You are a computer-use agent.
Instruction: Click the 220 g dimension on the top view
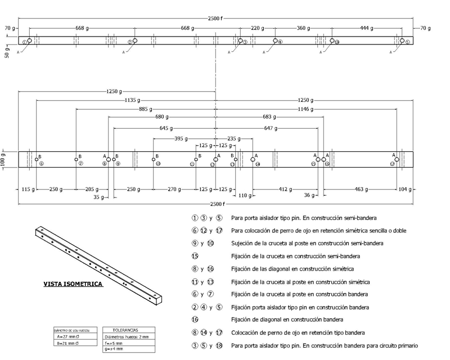[x=258, y=28]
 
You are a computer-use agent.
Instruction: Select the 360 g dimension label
[x=304, y=28]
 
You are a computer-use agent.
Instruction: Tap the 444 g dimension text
[x=367, y=28]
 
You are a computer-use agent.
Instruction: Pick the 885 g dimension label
[x=145, y=109]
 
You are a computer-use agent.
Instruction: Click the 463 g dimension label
[x=361, y=188]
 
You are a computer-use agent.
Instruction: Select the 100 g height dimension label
[x=4, y=160]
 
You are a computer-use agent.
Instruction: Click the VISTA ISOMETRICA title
[x=73, y=284]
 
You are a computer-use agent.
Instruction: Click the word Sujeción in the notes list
[x=244, y=244]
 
